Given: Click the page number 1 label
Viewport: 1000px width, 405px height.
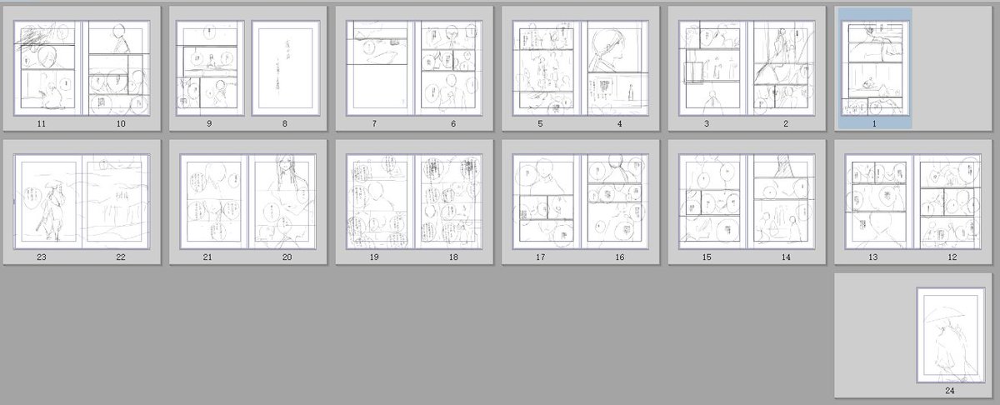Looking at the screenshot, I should tap(874, 124).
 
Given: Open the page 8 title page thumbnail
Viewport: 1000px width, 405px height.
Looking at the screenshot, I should tap(286, 67).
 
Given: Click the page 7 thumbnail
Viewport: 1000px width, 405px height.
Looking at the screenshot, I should tap(374, 67).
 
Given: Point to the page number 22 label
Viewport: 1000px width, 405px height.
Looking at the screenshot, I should tap(120, 257).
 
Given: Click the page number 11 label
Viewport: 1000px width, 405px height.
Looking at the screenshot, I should tap(41, 124).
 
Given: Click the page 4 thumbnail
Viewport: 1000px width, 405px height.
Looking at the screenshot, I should tap(619, 67).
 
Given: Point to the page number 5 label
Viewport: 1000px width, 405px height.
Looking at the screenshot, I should tap(540, 124).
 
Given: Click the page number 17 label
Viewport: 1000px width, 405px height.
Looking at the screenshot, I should tap(540, 257).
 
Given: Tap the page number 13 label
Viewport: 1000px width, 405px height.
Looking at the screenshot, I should tap(872, 257).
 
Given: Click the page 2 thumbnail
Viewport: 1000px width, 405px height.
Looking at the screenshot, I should tap(785, 67).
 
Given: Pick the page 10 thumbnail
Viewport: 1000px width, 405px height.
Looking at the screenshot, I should tap(120, 67).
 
